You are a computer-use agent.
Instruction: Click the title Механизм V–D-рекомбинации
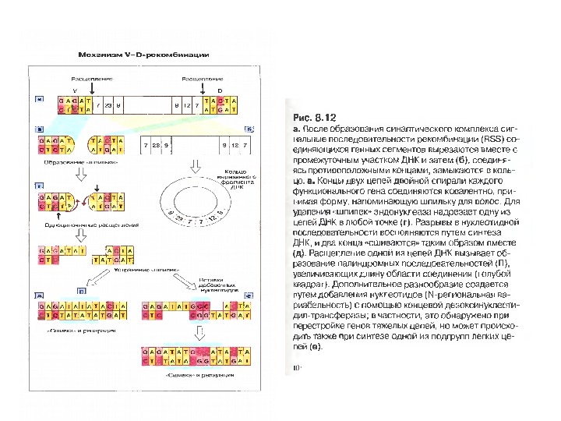(x=143, y=55)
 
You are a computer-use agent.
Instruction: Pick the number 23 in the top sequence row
(x=108, y=104)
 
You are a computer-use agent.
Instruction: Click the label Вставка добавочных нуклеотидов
(x=217, y=281)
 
